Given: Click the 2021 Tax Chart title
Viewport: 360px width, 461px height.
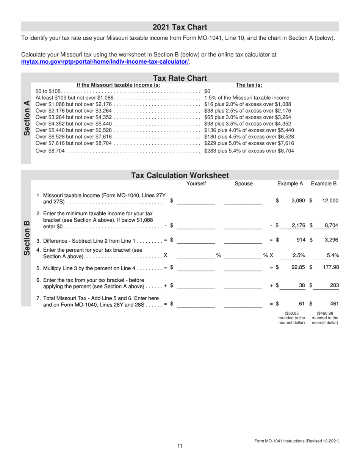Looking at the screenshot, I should [x=180, y=27].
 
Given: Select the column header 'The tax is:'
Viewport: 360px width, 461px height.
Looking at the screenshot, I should [x=249, y=85].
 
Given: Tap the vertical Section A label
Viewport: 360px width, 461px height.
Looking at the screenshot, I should [x=27, y=120].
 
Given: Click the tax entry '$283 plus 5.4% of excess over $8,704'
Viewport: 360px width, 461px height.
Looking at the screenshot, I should [x=249, y=151].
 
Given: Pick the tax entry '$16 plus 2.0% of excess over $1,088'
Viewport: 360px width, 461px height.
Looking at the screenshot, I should [x=247, y=104].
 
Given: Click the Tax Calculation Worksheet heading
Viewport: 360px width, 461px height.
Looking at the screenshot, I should [x=180, y=176].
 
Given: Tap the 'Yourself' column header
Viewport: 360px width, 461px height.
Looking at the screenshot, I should [x=196, y=184].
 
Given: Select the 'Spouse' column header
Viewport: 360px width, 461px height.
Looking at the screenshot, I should [x=244, y=184].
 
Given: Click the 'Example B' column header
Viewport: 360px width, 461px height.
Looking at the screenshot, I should [x=324, y=184].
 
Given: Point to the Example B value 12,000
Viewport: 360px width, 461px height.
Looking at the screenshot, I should [x=330, y=201].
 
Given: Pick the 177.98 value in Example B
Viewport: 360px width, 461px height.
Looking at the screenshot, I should [x=330, y=267].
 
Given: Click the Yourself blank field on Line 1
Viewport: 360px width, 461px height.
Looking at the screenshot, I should [x=196, y=201].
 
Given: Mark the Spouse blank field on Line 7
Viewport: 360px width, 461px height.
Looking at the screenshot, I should [x=243, y=303].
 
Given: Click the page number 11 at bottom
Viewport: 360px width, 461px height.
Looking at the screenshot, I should [x=180, y=446].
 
